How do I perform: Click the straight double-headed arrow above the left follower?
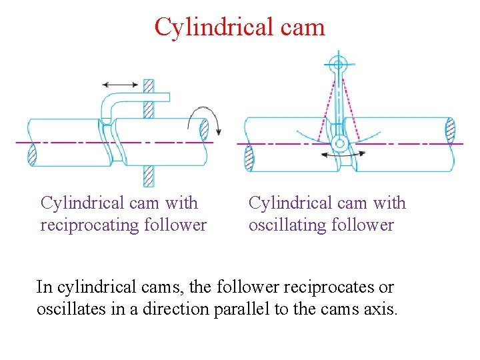click(120, 85)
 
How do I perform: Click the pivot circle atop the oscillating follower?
click(338, 65)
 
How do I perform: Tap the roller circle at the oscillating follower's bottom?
click(339, 143)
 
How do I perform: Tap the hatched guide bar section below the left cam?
click(149, 176)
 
